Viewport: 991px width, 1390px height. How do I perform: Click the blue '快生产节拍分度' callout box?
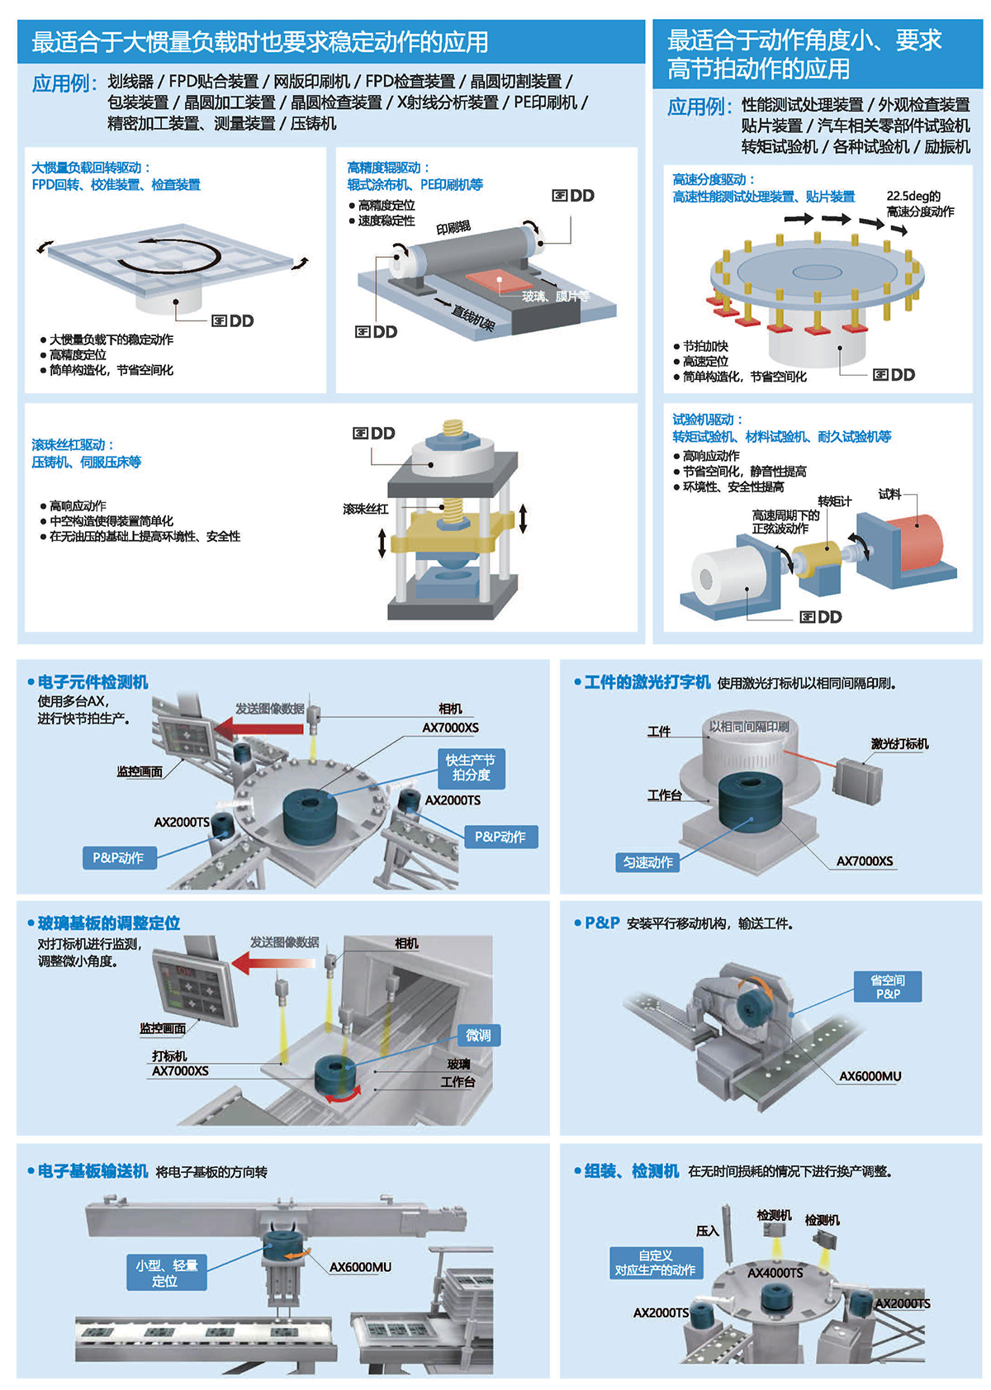tap(471, 768)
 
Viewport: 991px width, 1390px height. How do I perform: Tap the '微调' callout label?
tap(478, 1036)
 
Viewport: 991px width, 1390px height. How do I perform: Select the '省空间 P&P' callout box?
tap(888, 987)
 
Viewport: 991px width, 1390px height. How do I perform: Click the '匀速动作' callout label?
tap(648, 862)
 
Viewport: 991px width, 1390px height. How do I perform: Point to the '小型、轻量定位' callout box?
tap(166, 1273)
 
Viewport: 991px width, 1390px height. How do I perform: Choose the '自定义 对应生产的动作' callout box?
tap(655, 1263)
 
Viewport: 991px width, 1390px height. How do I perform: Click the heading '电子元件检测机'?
tap(92, 682)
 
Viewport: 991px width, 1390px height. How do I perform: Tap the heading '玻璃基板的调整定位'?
tap(108, 923)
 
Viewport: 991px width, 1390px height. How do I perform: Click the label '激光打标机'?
tap(899, 744)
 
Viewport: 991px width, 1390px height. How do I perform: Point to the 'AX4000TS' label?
tap(775, 1273)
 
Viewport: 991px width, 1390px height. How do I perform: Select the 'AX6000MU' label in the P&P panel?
tap(870, 1076)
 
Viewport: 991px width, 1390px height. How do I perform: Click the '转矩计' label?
tap(834, 501)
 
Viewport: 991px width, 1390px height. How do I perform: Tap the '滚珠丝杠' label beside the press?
tap(365, 509)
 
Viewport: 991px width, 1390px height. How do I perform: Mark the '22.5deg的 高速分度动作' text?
tap(919, 204)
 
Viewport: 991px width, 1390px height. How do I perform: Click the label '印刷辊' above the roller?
tap(453, 227)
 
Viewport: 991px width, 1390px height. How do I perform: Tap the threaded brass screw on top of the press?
tap(453, 429)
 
